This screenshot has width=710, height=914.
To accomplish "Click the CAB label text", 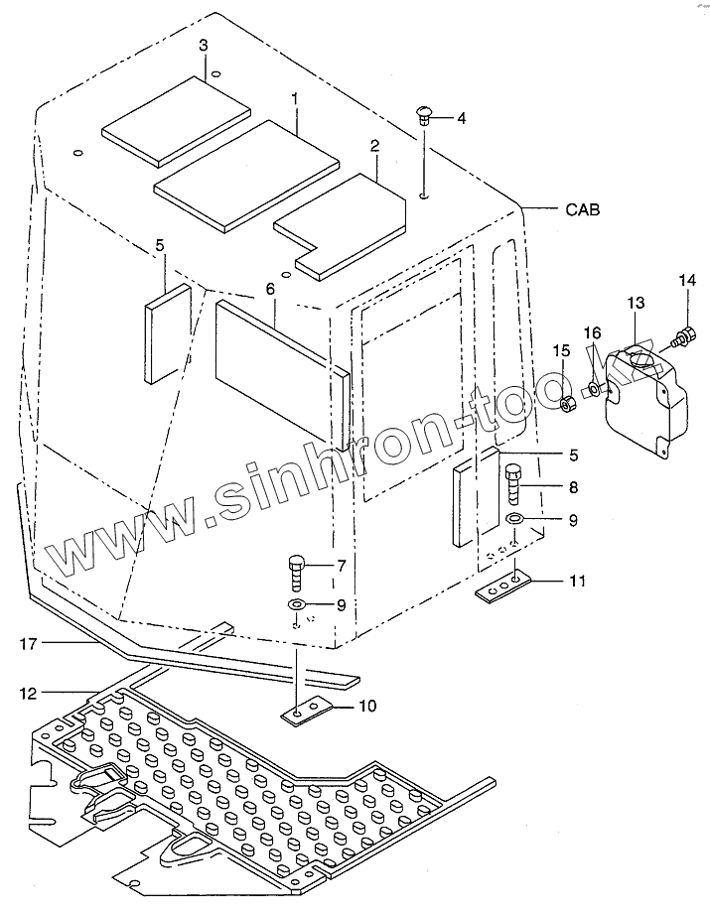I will point(583,209).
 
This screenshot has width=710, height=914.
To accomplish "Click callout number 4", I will point(461,119).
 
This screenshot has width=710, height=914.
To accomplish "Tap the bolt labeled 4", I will point(424,118).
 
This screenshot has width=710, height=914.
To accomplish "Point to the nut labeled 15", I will point(568,403).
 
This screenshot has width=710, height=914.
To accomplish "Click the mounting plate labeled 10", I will point(301,710).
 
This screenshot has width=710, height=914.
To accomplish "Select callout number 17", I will point(29,644).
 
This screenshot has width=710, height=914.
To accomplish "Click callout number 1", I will point(295,99).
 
